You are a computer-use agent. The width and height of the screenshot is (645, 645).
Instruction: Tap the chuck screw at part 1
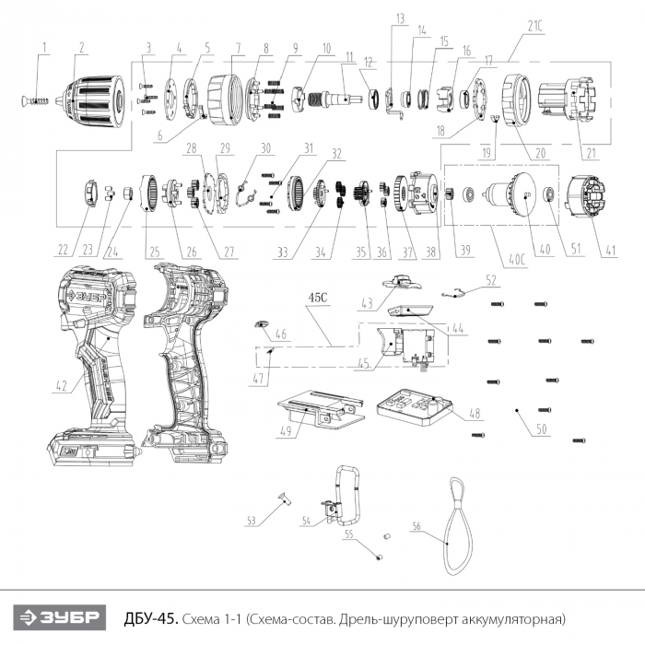[x=35, y=100]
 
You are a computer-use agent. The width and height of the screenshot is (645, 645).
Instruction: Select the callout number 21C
[x=534, y=26]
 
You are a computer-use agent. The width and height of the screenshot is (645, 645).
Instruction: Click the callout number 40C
[x=517, y=260]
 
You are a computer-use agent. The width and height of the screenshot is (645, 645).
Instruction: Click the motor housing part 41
[x=586, y=196]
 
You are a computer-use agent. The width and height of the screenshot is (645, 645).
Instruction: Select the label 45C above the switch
[x=318, y=298]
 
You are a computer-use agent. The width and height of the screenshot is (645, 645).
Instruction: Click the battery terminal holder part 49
[x=321, y=410]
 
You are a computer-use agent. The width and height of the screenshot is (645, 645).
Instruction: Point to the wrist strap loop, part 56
[x=457, y=526]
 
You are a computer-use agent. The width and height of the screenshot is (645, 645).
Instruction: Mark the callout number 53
[x=251, y=521]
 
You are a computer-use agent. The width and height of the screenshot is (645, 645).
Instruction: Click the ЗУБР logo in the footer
[x=59, y=617]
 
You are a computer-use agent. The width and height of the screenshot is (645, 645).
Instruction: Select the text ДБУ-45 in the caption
[x=151, y=618]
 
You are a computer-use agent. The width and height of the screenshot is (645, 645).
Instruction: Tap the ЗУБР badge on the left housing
[x=88, y=298]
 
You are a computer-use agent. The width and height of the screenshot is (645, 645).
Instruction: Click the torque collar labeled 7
[x=224, y=100]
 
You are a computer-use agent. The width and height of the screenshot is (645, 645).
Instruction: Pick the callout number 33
[x=283, y=252]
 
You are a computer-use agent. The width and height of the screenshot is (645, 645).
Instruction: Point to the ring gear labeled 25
[x=149, y=193]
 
